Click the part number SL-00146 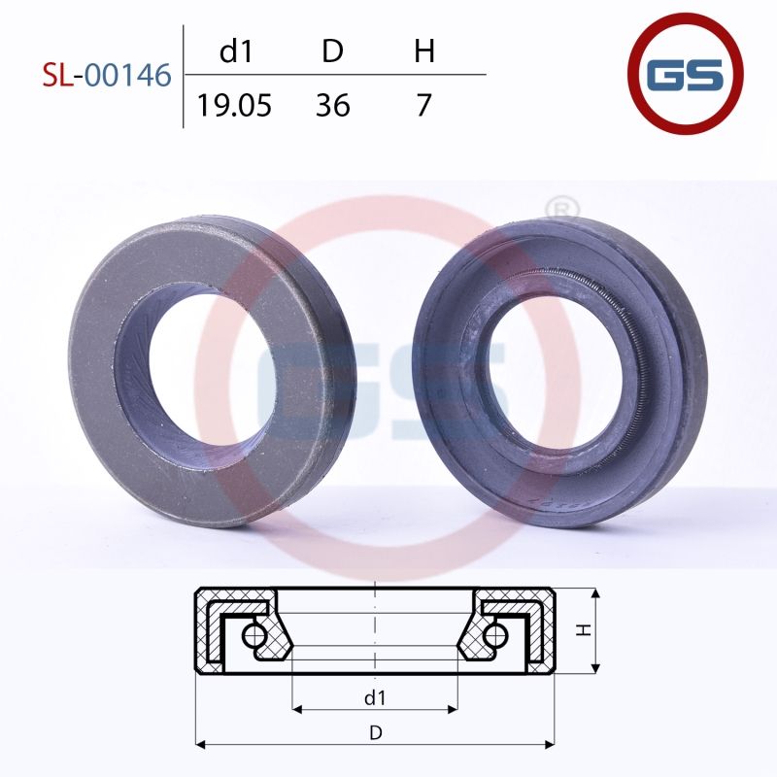(x=107, y=76)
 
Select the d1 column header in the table (x=236, y=51)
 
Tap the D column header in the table (x=332, y=51)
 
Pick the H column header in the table (x=424, y=51)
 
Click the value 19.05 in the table (x=234, y=106)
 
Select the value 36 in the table (x=333, y=106)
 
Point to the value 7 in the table (x=423, y=106)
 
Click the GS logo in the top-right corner (x=686, y=74)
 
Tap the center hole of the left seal (x=202, y=367)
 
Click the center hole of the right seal (x=556, y=377)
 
